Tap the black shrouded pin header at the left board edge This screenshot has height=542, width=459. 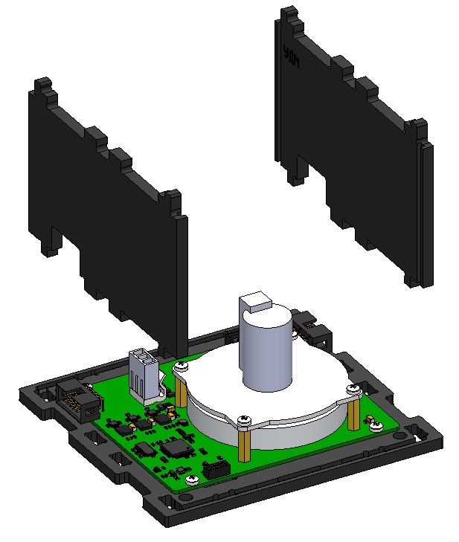[77, 398]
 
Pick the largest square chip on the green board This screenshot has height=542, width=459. [177, 448]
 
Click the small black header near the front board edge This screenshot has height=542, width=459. [217, 468]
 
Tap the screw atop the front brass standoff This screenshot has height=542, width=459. [243, 422]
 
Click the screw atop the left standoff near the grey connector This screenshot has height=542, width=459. [179, 367]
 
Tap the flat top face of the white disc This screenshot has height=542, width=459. [312, 379]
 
